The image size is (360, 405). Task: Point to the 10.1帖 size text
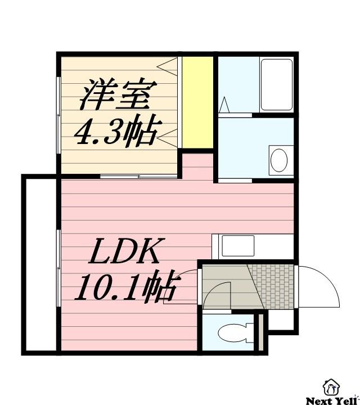click(126, 287)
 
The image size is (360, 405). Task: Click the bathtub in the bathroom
click(276, 84)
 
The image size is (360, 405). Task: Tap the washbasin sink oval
click(278, 160)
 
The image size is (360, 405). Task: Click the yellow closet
click(197, 101)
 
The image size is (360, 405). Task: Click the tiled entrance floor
click(272, 285)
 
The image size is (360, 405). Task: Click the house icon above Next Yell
click(331, 386)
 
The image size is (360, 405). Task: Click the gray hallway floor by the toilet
click(225, 284)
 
